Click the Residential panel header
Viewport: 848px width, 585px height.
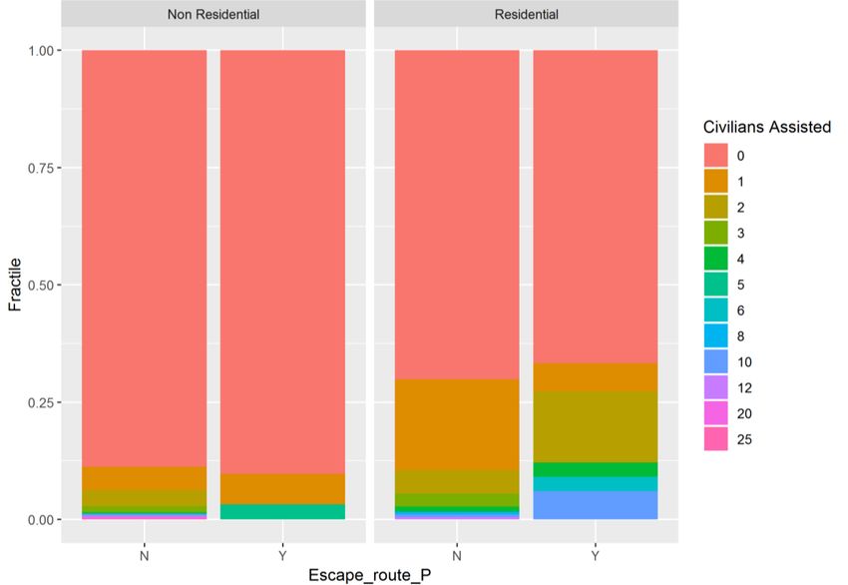526,14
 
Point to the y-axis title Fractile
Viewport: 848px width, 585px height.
15,285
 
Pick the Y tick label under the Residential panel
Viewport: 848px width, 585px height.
596,555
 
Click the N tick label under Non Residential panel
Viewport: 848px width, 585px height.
144,555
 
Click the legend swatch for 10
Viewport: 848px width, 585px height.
716,361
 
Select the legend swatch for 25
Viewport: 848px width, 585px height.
716,439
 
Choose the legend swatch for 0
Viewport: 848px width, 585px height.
716,155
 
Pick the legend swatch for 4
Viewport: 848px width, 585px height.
716,259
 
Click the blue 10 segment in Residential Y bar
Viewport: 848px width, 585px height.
596,505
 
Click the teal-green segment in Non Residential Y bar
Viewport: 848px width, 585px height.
282,512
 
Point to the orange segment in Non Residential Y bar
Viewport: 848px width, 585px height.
282,488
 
